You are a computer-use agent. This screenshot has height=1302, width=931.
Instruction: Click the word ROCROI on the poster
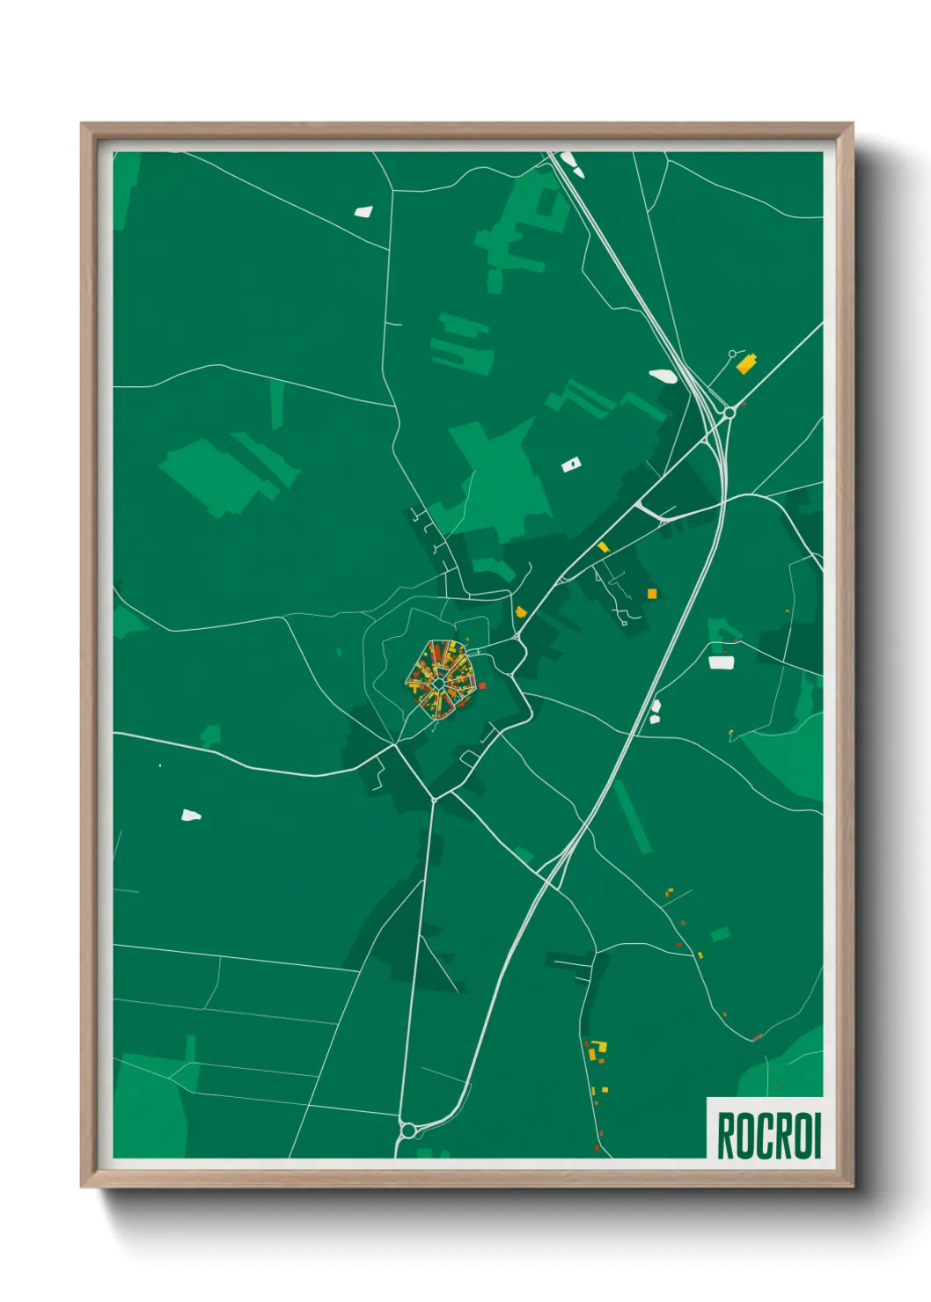pos(768,1136)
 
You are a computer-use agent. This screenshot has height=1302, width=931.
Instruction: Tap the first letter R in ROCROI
pos(726,1136)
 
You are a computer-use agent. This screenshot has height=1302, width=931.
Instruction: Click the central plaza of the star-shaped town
pos(438,683)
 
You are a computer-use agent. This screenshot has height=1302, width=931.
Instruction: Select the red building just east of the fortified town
pos(482,684)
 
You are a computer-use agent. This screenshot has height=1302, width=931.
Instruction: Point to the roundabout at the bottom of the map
pos(407,1130)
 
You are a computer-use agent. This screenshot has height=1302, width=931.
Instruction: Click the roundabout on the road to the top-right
pos(729,411)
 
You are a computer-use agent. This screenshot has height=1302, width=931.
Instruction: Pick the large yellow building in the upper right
pos(746,363)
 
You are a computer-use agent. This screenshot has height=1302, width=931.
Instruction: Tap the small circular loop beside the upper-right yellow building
pos(732,354)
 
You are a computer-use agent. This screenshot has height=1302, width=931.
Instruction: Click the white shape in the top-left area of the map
pos(363,211)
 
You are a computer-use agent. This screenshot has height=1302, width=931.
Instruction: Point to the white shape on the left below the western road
pos(190,816)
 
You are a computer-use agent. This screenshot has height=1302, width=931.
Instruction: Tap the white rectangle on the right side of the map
pos(722,662)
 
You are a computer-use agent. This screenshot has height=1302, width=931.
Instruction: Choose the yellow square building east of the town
pos(652,594)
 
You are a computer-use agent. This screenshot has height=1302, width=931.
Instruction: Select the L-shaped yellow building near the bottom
pos(599,1049)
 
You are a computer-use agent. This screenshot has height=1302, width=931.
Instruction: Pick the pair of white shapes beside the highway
pos(655,712)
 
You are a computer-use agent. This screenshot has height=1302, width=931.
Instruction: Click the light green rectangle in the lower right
pos(720,933)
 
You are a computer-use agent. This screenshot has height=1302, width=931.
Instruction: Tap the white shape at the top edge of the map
pos(568,160)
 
